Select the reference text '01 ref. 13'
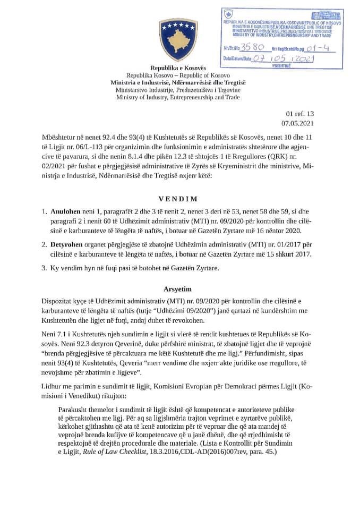(x=300, y=113)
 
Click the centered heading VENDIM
(x=179, y=199)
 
